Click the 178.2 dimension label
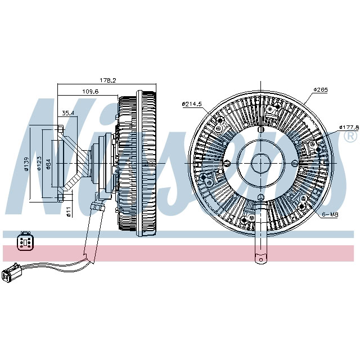point(107,80)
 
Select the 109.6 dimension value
point(90,91)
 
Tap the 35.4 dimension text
point(68,113)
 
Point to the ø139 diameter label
point(25,164)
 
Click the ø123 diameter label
point(39,164)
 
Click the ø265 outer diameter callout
point(321,89)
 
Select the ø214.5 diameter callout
point(192,103)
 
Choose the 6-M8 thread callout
point(331,214)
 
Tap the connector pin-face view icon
point(25,240)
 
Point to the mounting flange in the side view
point(58,163)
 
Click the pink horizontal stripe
point(180,253)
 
